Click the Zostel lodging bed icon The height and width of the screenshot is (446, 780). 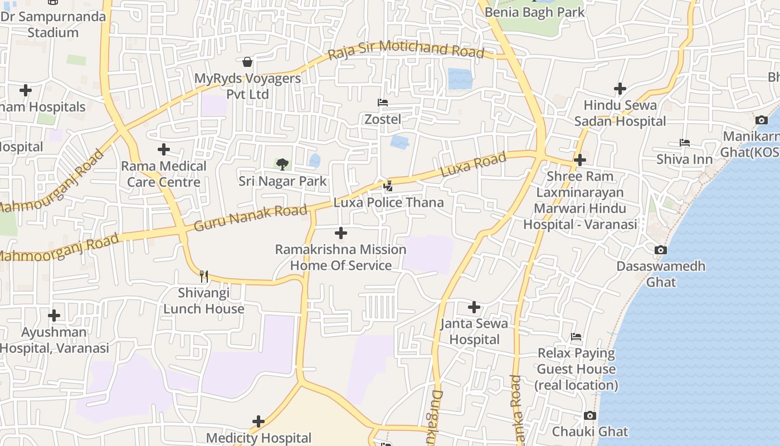click(383, 103)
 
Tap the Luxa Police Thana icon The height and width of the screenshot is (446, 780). click(388, 186)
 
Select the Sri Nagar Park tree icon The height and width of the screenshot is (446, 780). click(282, 164)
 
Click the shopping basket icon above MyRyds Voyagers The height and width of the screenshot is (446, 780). click(247, 61)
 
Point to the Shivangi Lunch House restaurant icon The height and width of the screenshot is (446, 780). click(204, 276)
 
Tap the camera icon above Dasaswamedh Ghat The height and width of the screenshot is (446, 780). click(661, 250)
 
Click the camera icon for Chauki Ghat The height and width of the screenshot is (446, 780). click(590, 415)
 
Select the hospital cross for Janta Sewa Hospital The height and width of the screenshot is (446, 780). click(474, 307)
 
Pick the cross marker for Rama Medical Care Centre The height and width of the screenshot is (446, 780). click(164, 149)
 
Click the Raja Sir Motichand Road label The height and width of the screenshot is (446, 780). click(406, 50)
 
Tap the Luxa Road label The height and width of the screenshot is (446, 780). click(474, 164)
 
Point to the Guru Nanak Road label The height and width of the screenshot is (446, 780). click(251, 218)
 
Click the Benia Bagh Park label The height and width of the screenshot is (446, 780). click(535, 12)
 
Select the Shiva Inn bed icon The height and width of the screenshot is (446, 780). click(685, 143)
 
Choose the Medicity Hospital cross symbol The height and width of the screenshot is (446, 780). click(259, 421)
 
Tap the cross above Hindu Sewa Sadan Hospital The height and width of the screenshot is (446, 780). click(620, 89)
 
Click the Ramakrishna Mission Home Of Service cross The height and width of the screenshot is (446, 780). click(341, 233)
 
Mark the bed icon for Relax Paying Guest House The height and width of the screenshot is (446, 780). click(576, 337)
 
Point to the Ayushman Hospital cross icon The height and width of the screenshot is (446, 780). click(54, 316)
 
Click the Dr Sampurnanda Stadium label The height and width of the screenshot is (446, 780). click(53, 24)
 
